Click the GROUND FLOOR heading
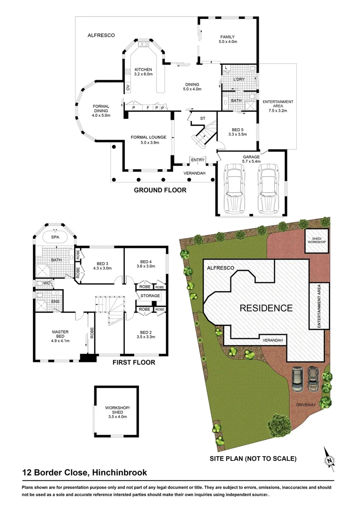click(160, 190)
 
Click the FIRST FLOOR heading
click(133, 362)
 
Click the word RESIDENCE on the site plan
click(266, 309)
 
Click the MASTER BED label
click(60, 335)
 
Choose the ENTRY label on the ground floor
click(198, 160)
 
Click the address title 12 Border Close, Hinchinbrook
click(84, 473)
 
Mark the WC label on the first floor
click(47, 283)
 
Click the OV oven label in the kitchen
click(128, 87)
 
